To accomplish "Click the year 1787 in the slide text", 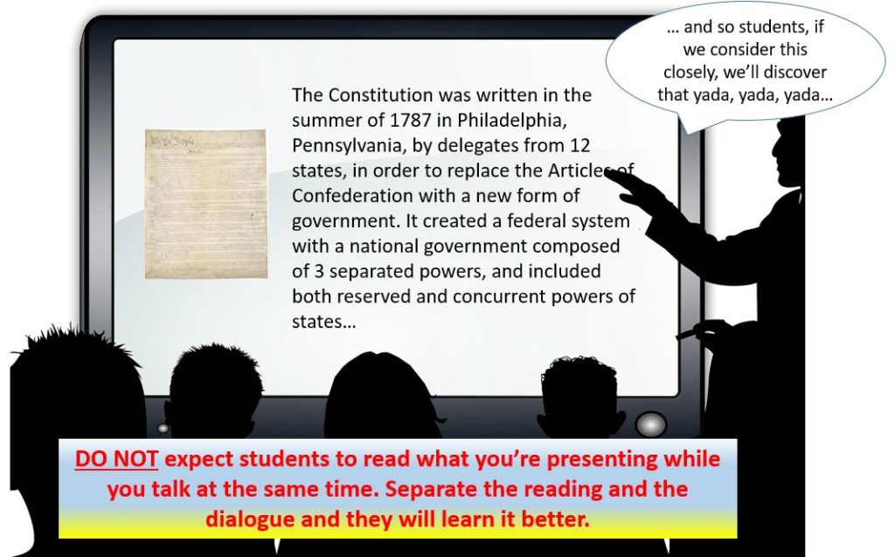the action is click(x=411, y=120).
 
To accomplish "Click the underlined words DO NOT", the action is click(x=116, y=459).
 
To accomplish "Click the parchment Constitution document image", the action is click(x=206, y=204).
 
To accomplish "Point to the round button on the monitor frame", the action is click(x=650, y=424).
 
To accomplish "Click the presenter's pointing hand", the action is click(x=634, y=188).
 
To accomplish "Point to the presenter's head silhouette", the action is click(x=787, y=151).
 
